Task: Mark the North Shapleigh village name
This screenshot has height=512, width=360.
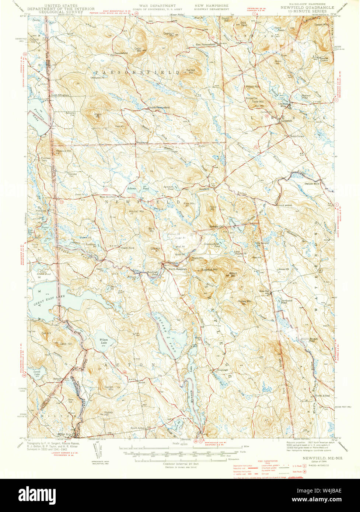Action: [x=178, y=269]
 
